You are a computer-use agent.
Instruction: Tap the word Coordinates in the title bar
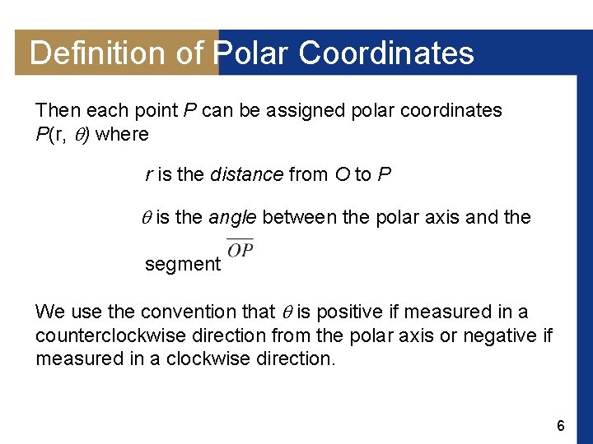point(386,53)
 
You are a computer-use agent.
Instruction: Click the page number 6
point(561,426)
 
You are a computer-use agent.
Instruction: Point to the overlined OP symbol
point(240,248)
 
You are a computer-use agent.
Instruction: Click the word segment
point(183,265)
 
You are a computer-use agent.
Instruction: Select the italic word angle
point(233,218)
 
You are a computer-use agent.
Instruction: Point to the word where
point(122,134)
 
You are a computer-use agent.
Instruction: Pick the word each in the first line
point(101,111)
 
